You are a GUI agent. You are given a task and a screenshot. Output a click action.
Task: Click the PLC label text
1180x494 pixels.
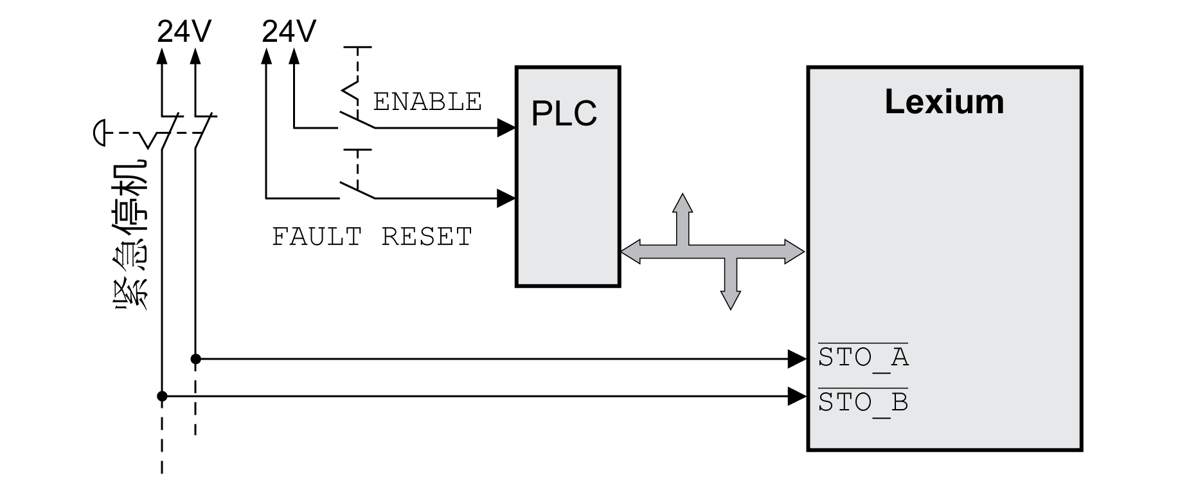[x=564, y=113]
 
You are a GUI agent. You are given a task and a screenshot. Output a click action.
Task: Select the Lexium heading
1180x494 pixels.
[x=943, y=102]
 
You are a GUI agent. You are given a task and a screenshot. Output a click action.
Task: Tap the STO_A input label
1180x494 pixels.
[x=863, y=357]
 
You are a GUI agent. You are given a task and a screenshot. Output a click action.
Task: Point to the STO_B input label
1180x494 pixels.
[x=863, y=403]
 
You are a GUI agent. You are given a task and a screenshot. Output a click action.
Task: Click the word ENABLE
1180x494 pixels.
[x=427, y=102]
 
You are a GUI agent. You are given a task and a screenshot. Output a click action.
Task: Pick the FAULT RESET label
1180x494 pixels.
[x=372, y=237]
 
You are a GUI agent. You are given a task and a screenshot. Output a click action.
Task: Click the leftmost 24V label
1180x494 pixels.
[x=184, y=31]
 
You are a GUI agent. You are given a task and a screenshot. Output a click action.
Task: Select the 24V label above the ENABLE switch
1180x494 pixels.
[x=289, y=31]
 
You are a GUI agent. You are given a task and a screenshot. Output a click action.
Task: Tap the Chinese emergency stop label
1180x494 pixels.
[x=132, y=235]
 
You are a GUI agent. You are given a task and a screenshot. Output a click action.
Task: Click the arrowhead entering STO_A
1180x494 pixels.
[x=798, y=359]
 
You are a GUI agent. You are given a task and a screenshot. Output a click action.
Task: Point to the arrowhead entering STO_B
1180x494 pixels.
[x=798, y=396]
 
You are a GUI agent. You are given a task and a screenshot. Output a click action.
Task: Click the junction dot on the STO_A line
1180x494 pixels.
[x=196, y=359]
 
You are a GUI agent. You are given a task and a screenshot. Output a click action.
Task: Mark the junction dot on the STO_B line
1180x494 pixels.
[x=162, y=396]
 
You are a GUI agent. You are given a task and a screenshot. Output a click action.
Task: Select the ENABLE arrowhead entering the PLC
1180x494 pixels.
[x=506, y=127]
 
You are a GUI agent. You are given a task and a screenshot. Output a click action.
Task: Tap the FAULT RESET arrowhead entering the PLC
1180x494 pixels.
[x=506, y=197]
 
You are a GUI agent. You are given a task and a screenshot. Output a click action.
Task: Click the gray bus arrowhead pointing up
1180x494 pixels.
[x=683, y=203]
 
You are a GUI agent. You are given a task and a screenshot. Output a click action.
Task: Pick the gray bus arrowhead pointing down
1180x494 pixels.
[x=730, y=300]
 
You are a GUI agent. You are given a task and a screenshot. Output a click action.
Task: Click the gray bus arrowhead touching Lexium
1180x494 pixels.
[x=794, y=252]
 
